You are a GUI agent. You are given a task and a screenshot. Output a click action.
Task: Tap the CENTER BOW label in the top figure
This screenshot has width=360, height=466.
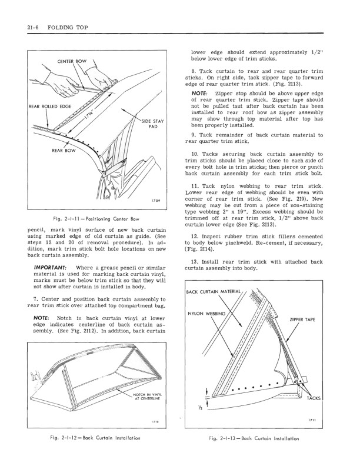pyautogui.click(x=72, y=61)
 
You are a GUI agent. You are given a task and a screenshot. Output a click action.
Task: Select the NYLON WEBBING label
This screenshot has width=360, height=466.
pyautogui.click(x=206, y=313)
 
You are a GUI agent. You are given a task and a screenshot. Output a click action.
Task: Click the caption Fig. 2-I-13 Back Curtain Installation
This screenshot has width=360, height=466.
pyautogui.click(x=254, y=439)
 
